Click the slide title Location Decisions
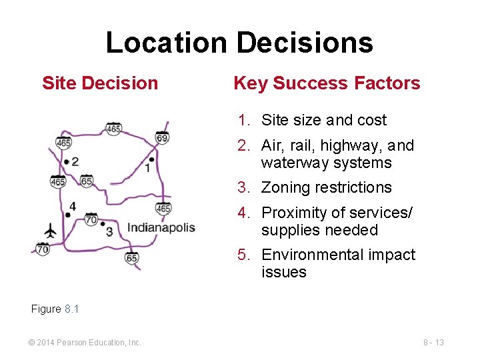239,43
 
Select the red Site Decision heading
100,83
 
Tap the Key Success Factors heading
327,83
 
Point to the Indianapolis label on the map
161,228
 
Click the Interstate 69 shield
162,137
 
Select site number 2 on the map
75,161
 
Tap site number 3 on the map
109,231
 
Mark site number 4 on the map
72,207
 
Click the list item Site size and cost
324,121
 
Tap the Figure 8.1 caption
55,309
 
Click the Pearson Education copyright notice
85,343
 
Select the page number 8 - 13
433,343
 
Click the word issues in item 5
284,272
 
